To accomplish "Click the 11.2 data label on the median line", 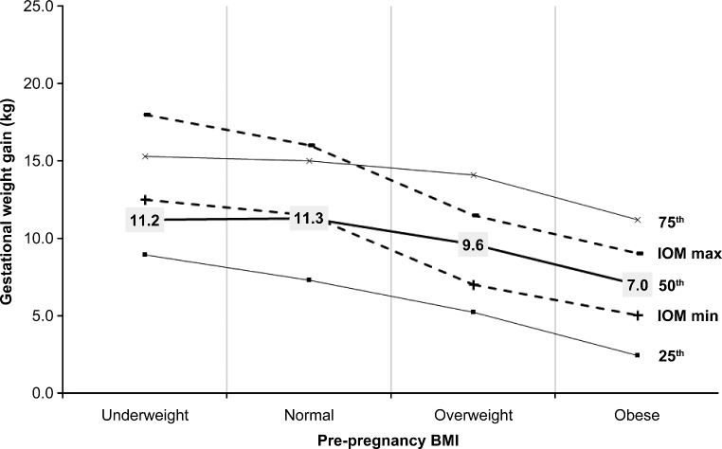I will [x=145, y=220].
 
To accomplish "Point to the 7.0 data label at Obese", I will [x=638, y=282].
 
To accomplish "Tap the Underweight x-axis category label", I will [x=144, y=415].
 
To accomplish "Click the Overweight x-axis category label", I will [x=473, y=415].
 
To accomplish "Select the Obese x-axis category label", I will [x=637, y=415].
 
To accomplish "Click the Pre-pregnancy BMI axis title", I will [x=390, y=440].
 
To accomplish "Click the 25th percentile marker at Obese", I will [x=637, y=355].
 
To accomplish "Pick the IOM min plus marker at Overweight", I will [x=473, y=284].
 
